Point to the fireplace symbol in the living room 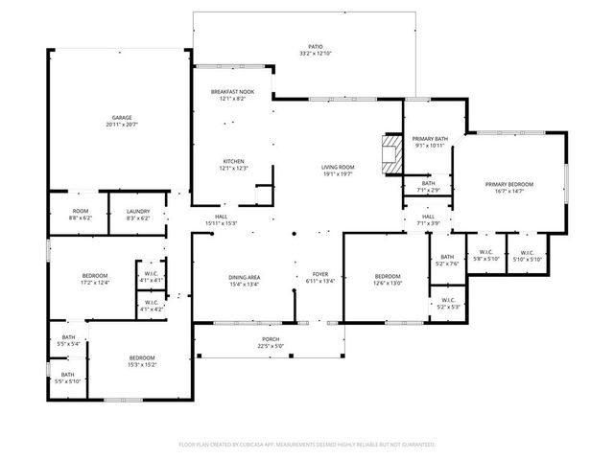390,154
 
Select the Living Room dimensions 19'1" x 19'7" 338,174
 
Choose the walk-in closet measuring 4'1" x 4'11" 152,275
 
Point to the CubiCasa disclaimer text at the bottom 307,445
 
